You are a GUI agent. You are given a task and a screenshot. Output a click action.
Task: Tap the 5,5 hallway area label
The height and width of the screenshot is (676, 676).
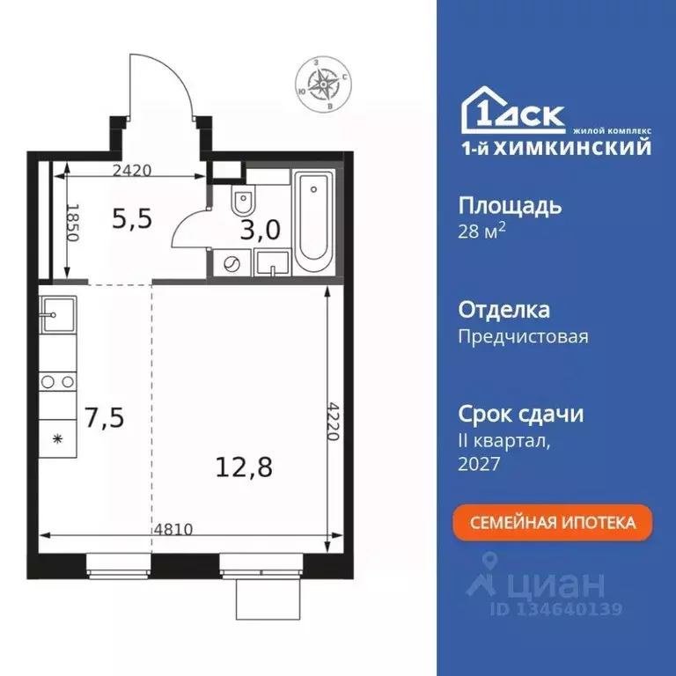coord(132,217)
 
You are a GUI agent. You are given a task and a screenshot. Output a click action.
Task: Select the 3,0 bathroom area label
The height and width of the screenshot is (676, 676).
coord(261,231)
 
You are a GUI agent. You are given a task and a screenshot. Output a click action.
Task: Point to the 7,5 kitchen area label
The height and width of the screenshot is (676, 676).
coord(105,415)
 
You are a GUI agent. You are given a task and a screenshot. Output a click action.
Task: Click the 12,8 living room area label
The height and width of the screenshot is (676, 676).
coord(244,467)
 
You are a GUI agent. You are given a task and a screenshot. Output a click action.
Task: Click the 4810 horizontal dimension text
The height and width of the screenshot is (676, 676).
coord(173,530)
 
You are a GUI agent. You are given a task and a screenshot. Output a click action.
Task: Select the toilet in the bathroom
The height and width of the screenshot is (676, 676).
coord(244,202)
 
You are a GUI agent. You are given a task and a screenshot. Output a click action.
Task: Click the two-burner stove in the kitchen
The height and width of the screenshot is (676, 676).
coord(57,382)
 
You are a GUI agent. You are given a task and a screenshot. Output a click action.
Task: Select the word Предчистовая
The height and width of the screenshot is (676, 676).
coord(524,335)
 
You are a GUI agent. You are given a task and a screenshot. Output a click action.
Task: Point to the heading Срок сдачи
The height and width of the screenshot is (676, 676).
coord(521,414)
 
